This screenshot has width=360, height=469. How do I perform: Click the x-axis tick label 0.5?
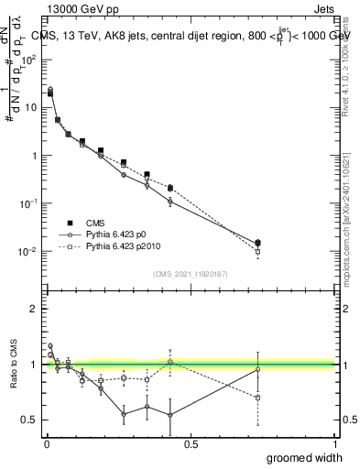[191, 443]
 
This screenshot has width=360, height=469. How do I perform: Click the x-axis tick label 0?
[47, 443]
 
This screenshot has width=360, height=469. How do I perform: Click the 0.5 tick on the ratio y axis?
[29, 420]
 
